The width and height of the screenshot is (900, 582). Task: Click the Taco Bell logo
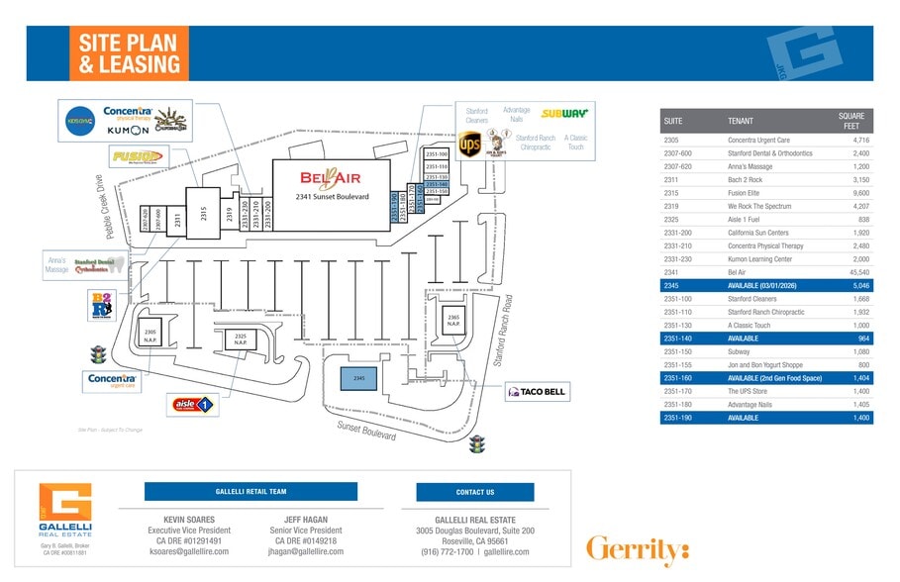(x=537, y=393)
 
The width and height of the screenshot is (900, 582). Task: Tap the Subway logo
(x=563, y=114)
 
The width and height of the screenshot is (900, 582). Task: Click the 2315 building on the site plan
(x=203, y=209)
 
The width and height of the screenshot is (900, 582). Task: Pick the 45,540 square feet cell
(x=858, y=272)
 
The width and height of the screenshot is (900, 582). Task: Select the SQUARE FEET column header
(x=851, y=121)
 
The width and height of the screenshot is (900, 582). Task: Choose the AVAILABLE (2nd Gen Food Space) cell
(x=775, y=379)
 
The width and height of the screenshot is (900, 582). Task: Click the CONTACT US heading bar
(x=474, y=492)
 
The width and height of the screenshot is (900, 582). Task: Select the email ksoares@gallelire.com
(x=189, y=551)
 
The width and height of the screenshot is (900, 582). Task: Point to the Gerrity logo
(x=637, y=548)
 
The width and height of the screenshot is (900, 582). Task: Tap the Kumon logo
(x=127, y=130)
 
